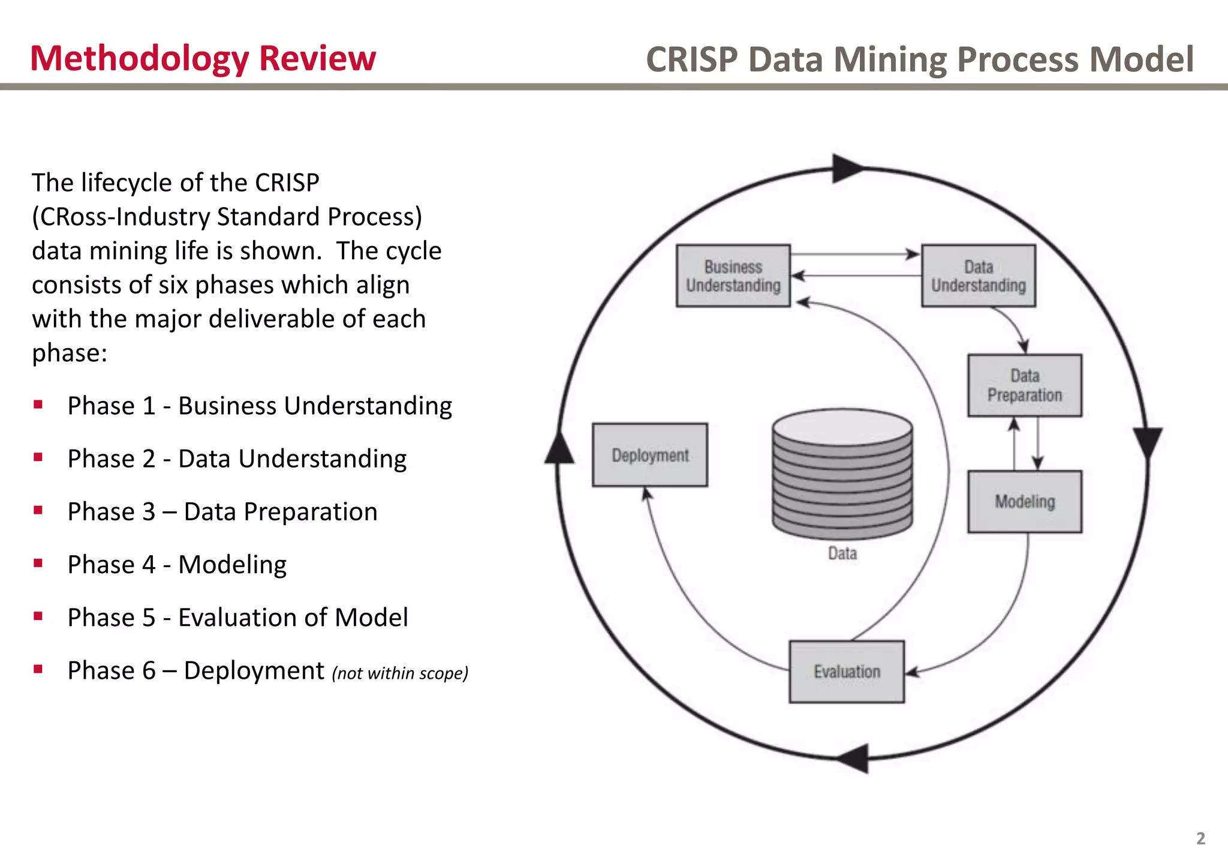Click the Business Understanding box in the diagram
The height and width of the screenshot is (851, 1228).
click(733, 276)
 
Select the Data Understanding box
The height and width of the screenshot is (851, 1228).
click(978, 276)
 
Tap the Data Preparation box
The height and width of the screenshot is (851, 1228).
click(1024, 386)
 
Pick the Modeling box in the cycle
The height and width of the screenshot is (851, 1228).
click(1024, 502)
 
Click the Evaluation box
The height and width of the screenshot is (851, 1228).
click(846, 672)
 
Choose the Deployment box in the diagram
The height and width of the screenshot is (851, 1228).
click(649, 455)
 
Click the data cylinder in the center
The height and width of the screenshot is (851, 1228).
click(842, 474)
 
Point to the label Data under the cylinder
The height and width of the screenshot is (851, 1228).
click(842, 553)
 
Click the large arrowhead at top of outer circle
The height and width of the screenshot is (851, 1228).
click(846, 169)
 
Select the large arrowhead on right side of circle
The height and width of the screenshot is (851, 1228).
click(1147, 442)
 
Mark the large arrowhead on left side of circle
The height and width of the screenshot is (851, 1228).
click(559, 449)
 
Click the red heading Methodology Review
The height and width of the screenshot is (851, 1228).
click(203, 59)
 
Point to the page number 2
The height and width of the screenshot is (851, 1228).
click(1200, 838)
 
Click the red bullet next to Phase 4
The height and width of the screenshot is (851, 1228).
click(38, 563)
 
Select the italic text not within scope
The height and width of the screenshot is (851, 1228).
click(400, 673)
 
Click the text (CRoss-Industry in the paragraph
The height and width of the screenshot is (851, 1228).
click(120, 217)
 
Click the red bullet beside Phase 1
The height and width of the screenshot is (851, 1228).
click(38, 404)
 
